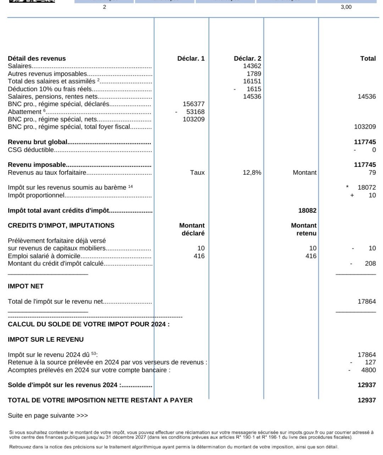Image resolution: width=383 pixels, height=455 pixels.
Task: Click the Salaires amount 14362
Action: pos(252,66)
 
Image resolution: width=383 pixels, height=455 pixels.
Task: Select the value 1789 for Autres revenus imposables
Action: pos(254,74)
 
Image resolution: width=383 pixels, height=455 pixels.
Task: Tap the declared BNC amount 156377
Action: pos(194,104)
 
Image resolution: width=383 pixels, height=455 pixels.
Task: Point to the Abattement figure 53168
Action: pos(195,112)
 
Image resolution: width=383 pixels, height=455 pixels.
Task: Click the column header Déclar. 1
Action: pos(191,58)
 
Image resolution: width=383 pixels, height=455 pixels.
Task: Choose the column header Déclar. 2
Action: pos(247,58)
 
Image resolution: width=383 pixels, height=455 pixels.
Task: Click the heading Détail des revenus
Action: pos(37,58)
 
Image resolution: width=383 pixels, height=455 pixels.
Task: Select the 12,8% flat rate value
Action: pos(252,173)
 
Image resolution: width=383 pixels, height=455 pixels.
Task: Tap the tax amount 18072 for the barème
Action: pos(367,187)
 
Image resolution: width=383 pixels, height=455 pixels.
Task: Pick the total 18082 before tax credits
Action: pos(307,210)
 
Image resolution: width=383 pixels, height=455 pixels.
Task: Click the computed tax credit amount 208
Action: pos(370,263)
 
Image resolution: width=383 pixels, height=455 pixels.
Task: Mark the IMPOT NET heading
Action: pos(26,286)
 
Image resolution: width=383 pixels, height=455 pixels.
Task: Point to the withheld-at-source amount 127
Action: pos(370,362)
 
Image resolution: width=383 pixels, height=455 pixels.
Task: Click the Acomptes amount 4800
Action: pos(368,370)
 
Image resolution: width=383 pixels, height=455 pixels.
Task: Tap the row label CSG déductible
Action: pos(31,150)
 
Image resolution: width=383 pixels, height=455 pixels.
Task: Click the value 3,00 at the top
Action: pos(346,7)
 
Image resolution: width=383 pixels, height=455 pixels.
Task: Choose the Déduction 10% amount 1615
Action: pos(254,89)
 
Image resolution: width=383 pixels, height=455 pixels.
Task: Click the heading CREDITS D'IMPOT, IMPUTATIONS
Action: pos(61,225)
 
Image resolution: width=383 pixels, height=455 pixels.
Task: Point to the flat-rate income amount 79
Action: pos(372,173)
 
